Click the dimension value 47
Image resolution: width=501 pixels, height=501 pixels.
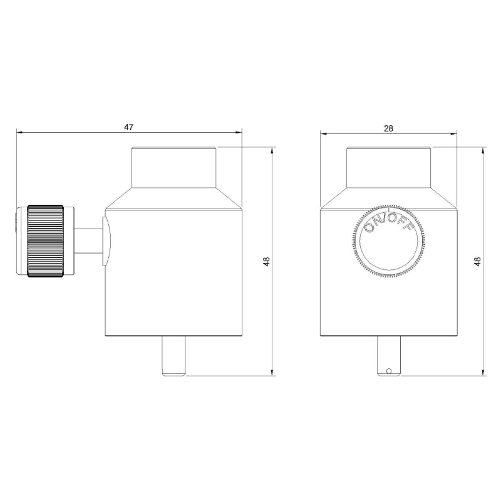tap(128, 127)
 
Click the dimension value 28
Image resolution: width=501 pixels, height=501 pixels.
tap(388, 128)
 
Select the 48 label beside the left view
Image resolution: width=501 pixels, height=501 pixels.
tap(267, 261)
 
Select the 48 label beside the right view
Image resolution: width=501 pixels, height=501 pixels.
tap(478, 261)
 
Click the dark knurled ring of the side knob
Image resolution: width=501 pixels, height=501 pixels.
tap(45, 241)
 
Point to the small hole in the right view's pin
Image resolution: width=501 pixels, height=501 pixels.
tap(389, 371)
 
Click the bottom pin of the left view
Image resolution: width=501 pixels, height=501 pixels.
tap(173, 356)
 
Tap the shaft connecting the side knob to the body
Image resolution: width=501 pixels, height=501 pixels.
tap(88, 241)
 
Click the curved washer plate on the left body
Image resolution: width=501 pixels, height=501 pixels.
tap(106, 241)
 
